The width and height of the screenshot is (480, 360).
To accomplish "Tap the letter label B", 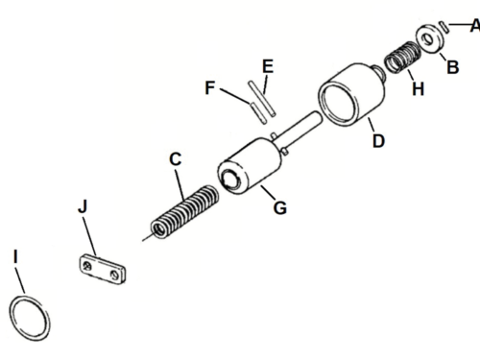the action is tap(452, 67).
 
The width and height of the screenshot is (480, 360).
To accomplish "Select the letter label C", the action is tap(174, 159).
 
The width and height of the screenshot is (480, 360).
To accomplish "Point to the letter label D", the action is tap(378, 141).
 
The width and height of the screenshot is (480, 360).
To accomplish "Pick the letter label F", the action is tap(209, 86).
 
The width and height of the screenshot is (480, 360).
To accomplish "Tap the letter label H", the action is tap(417, 87).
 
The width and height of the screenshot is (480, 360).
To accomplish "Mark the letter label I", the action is tap(15, 256).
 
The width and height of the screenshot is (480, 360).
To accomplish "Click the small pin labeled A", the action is tap(444, 26).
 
